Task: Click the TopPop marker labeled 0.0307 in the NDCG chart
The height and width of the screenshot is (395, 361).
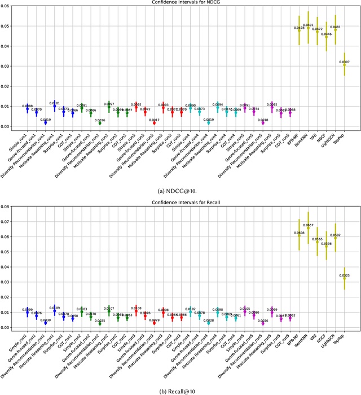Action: pyautogui.click(x=344, y=65)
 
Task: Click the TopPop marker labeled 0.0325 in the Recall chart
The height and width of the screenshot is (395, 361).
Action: pyautogui.click(x=344, y=278)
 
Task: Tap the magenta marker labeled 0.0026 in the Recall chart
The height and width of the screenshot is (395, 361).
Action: pyautogui.click(x=262, y=323)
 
